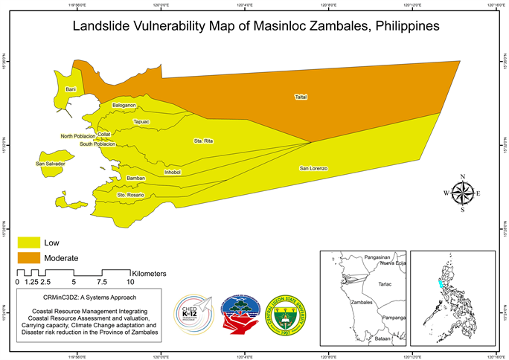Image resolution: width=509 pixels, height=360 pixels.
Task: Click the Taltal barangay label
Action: pyautogui.click(x=301, y=97)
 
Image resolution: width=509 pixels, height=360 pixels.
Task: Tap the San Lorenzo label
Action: pyautogui.click(x=313, y=169)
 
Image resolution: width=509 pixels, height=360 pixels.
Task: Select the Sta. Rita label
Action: pyautogui.click(x=203, y=141)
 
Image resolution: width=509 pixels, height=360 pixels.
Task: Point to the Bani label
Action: pyautogui.click(x=71, y=89)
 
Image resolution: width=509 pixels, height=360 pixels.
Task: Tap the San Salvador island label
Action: pyautogui.click(x=51, y=163)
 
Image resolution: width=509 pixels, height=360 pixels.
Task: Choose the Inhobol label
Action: pyautogui.click(x=172, y=173)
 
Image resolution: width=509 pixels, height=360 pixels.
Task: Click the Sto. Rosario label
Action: pyautogui.click(x=130, y=195)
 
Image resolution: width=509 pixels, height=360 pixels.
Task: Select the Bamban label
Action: pyautogui.click(x=135, y=179)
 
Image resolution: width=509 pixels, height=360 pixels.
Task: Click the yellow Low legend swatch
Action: pyautogui.click(x=29, y=242)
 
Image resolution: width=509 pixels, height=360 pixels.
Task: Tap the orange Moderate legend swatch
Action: pyautogui.click(x=29, y=257)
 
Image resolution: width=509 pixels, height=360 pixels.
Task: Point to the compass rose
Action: pyautogui.click(x=462, y=193)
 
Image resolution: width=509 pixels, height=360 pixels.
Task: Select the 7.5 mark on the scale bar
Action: pyautogui.click(x=102, y=283)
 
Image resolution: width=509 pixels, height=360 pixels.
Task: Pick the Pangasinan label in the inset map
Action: pyautogui.click(x=380, y=257)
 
